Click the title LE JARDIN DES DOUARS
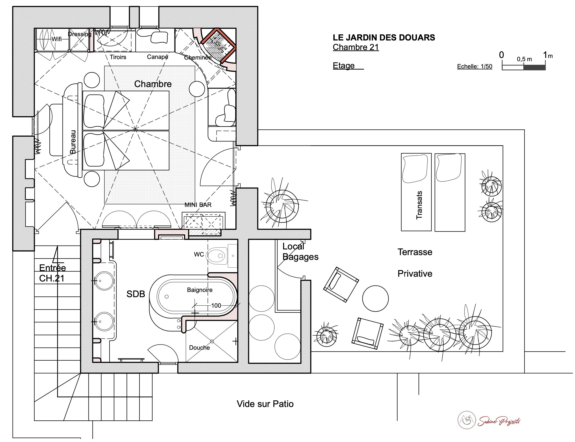(x=383, y=38)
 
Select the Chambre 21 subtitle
(x=356, y=47)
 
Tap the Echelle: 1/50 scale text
(x=474, y=66)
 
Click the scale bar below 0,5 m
(x=524, y=67)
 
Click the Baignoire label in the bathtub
(x=200, y=290)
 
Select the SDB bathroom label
(x=136, y=294)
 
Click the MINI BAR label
(x=198, y=205)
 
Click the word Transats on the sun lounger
(x=419, y=205)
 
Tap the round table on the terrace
(x=375, y=298)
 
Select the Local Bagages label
(x=300, y=251)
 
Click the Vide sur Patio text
(x=265, y=404)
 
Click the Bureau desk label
(x=73, y=142)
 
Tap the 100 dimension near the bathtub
(x=216, y=305)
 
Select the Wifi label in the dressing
(x=57, y=39)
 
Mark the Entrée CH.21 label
(x=52, y=273)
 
